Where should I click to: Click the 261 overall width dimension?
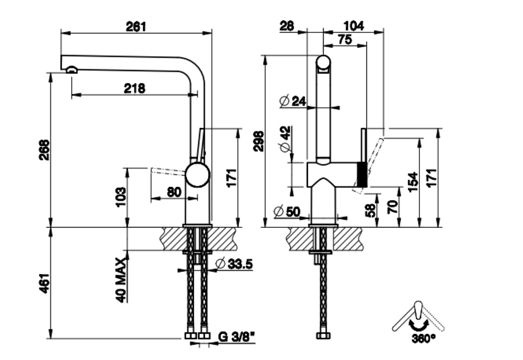(x=136, y=26)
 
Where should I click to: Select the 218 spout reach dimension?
(x=134, y=88)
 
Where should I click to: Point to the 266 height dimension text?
(x=44, y=149)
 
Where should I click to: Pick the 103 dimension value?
(x=121, y=197)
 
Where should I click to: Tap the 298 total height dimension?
(x=258, y=141)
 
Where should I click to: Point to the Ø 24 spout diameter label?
(x=292, y=100)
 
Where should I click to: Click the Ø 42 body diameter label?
(x=285, y=139)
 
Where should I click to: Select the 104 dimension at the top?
(x=354, y=26)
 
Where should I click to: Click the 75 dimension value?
(x=344, y=40)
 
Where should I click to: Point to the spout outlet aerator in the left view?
(x=72, y=70)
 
